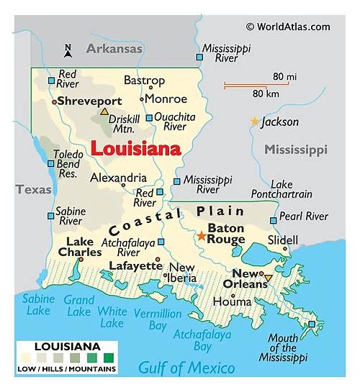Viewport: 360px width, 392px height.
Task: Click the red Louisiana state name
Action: pyautogui.click(x=135, y=149)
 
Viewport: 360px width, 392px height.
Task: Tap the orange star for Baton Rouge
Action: pyautogui.click(x=201, y=235)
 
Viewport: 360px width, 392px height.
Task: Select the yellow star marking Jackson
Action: pyautogui.click(x=254, y=122)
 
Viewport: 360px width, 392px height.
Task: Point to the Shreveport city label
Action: pyautogui.click(x=89, y=101)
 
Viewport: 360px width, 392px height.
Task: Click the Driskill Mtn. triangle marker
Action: pyautogui.click(x=104, y=111)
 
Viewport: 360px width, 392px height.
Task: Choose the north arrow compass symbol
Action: pyautogui.click(x=68, y=50)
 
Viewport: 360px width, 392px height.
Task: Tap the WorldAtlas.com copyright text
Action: pyautogui.click(x=288, y=27)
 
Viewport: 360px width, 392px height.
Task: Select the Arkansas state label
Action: pyautogui.click(x=114, y=49)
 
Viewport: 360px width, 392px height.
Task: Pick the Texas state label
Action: pyautogui.click(x=34, y=190)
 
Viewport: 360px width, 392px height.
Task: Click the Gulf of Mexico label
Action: pyautogui.click(x=186, y=368)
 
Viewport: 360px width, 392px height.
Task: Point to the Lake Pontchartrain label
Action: pyautogui.click(x=282, y=189)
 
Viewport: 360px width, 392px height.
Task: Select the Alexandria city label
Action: pyautogui.click(x=118, y=178)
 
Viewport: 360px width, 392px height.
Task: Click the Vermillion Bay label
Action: pyautogui.click(x=158, y=319)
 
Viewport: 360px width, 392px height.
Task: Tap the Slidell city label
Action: pyautogui.click(x=282, y=240)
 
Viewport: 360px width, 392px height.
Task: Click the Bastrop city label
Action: pyautogui.click(x=145, y=81)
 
